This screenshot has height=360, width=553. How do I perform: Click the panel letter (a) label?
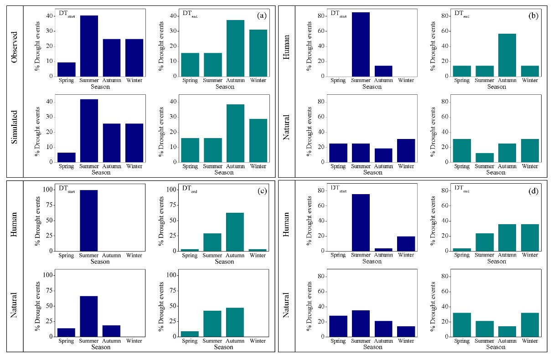click(x=261, y=15)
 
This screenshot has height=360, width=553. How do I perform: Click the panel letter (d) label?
click(x=532, y=192)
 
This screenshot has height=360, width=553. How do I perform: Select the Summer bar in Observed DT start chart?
click(x=89, y=46)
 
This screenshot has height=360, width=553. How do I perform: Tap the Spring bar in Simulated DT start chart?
click(x=66, y=157)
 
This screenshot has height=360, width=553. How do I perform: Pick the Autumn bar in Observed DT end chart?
click(x=235, y=48)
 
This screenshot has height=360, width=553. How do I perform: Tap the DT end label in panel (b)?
click(x=461, y=14)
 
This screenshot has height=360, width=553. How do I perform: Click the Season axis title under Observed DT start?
click(x=100, y=87)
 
